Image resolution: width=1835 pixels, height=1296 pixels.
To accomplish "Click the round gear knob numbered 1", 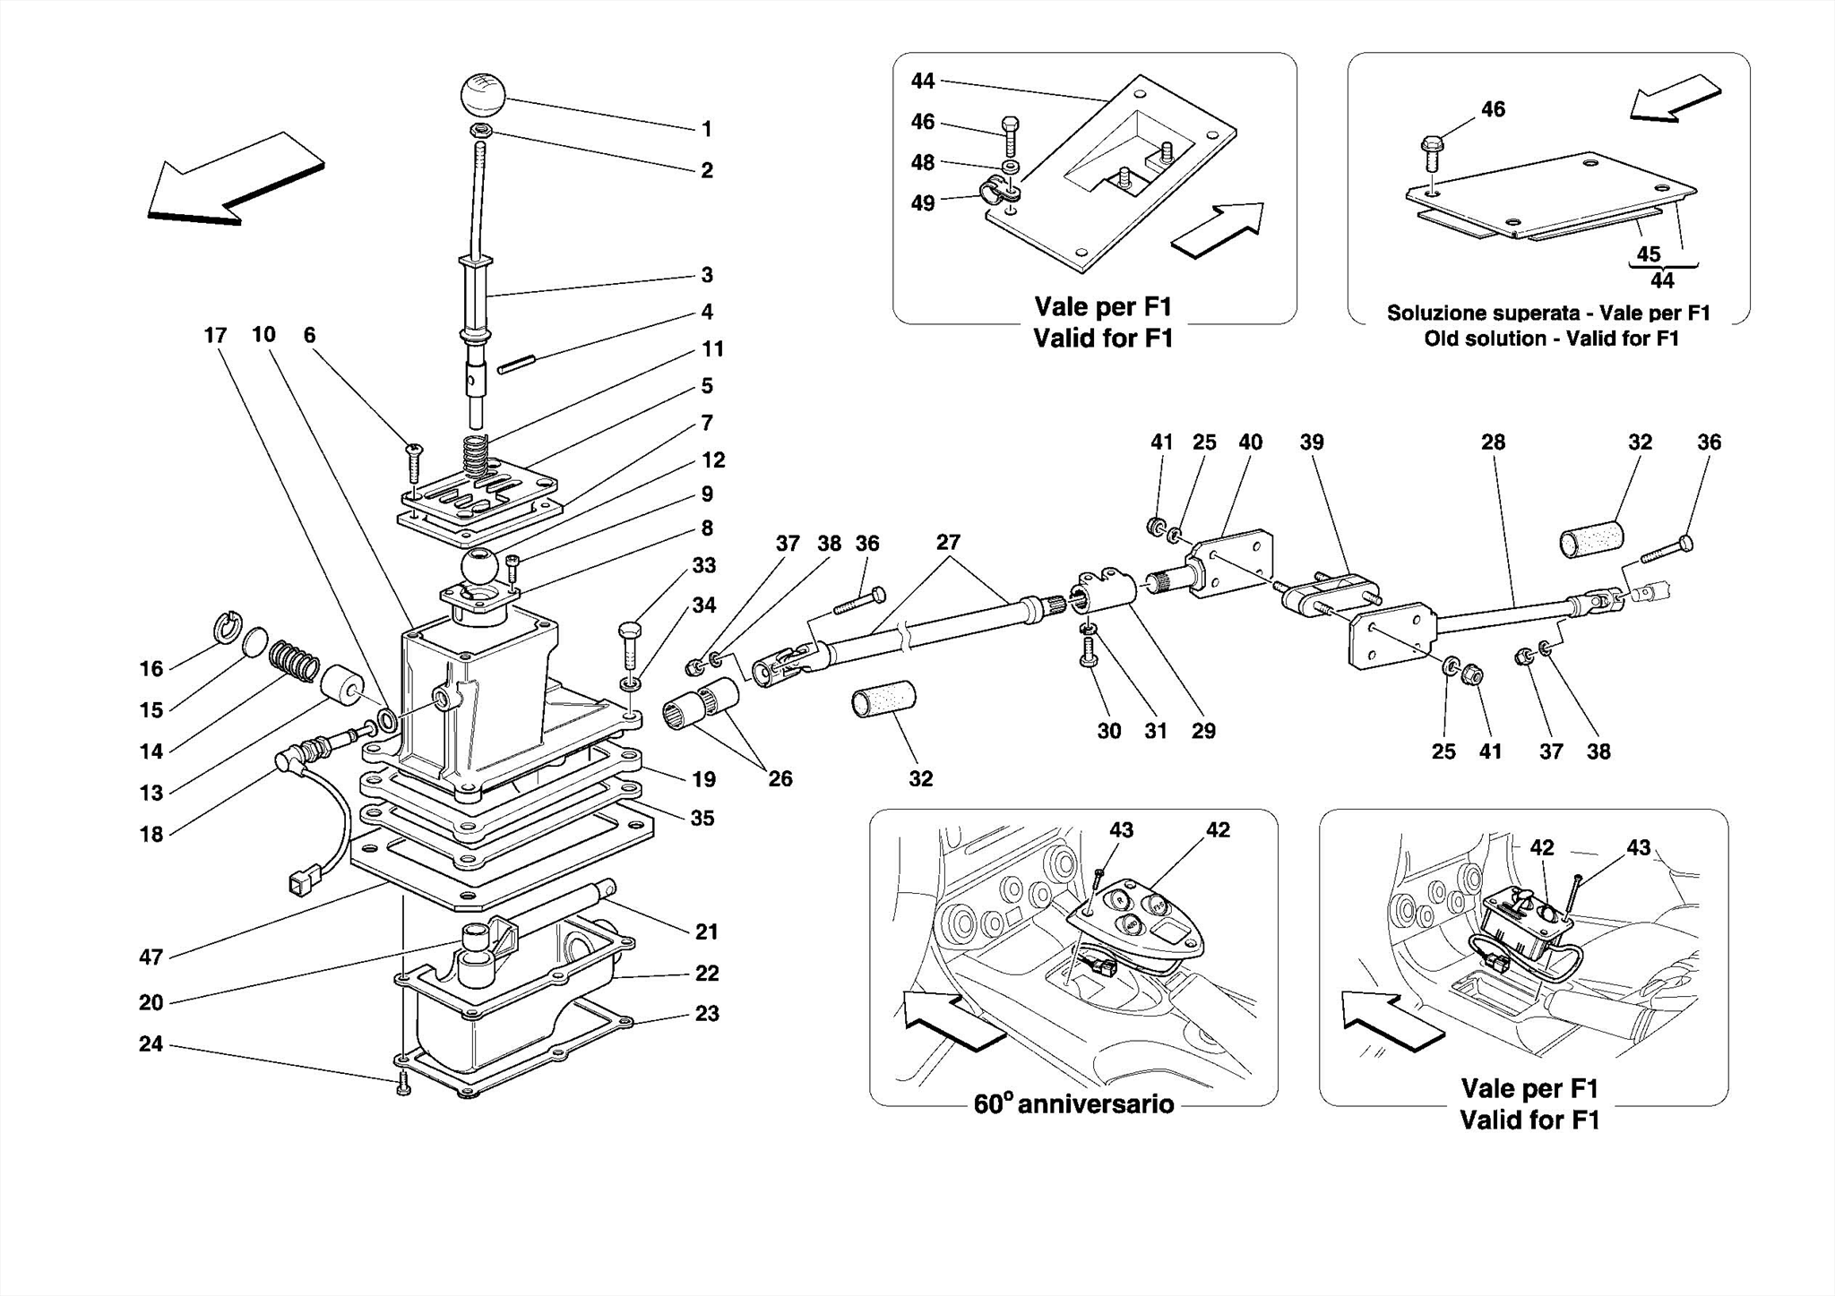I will [484, 95].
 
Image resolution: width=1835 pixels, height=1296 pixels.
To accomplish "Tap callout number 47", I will [151, 957].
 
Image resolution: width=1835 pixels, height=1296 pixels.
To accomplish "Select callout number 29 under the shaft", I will [1203, 731].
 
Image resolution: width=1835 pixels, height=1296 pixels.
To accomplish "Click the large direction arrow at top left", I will [235, 179].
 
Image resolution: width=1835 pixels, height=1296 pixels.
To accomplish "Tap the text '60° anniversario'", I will [1073, 1103].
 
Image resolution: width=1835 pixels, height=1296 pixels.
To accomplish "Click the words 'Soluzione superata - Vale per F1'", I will [1548, 313].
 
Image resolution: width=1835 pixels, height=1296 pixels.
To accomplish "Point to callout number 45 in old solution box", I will [1649, 253].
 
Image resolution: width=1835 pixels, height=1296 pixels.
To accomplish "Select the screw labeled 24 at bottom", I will [403, 1086].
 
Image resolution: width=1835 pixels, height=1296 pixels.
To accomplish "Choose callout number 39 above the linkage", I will [1312, 442].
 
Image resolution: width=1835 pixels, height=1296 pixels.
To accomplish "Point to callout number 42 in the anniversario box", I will [1218, 830].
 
